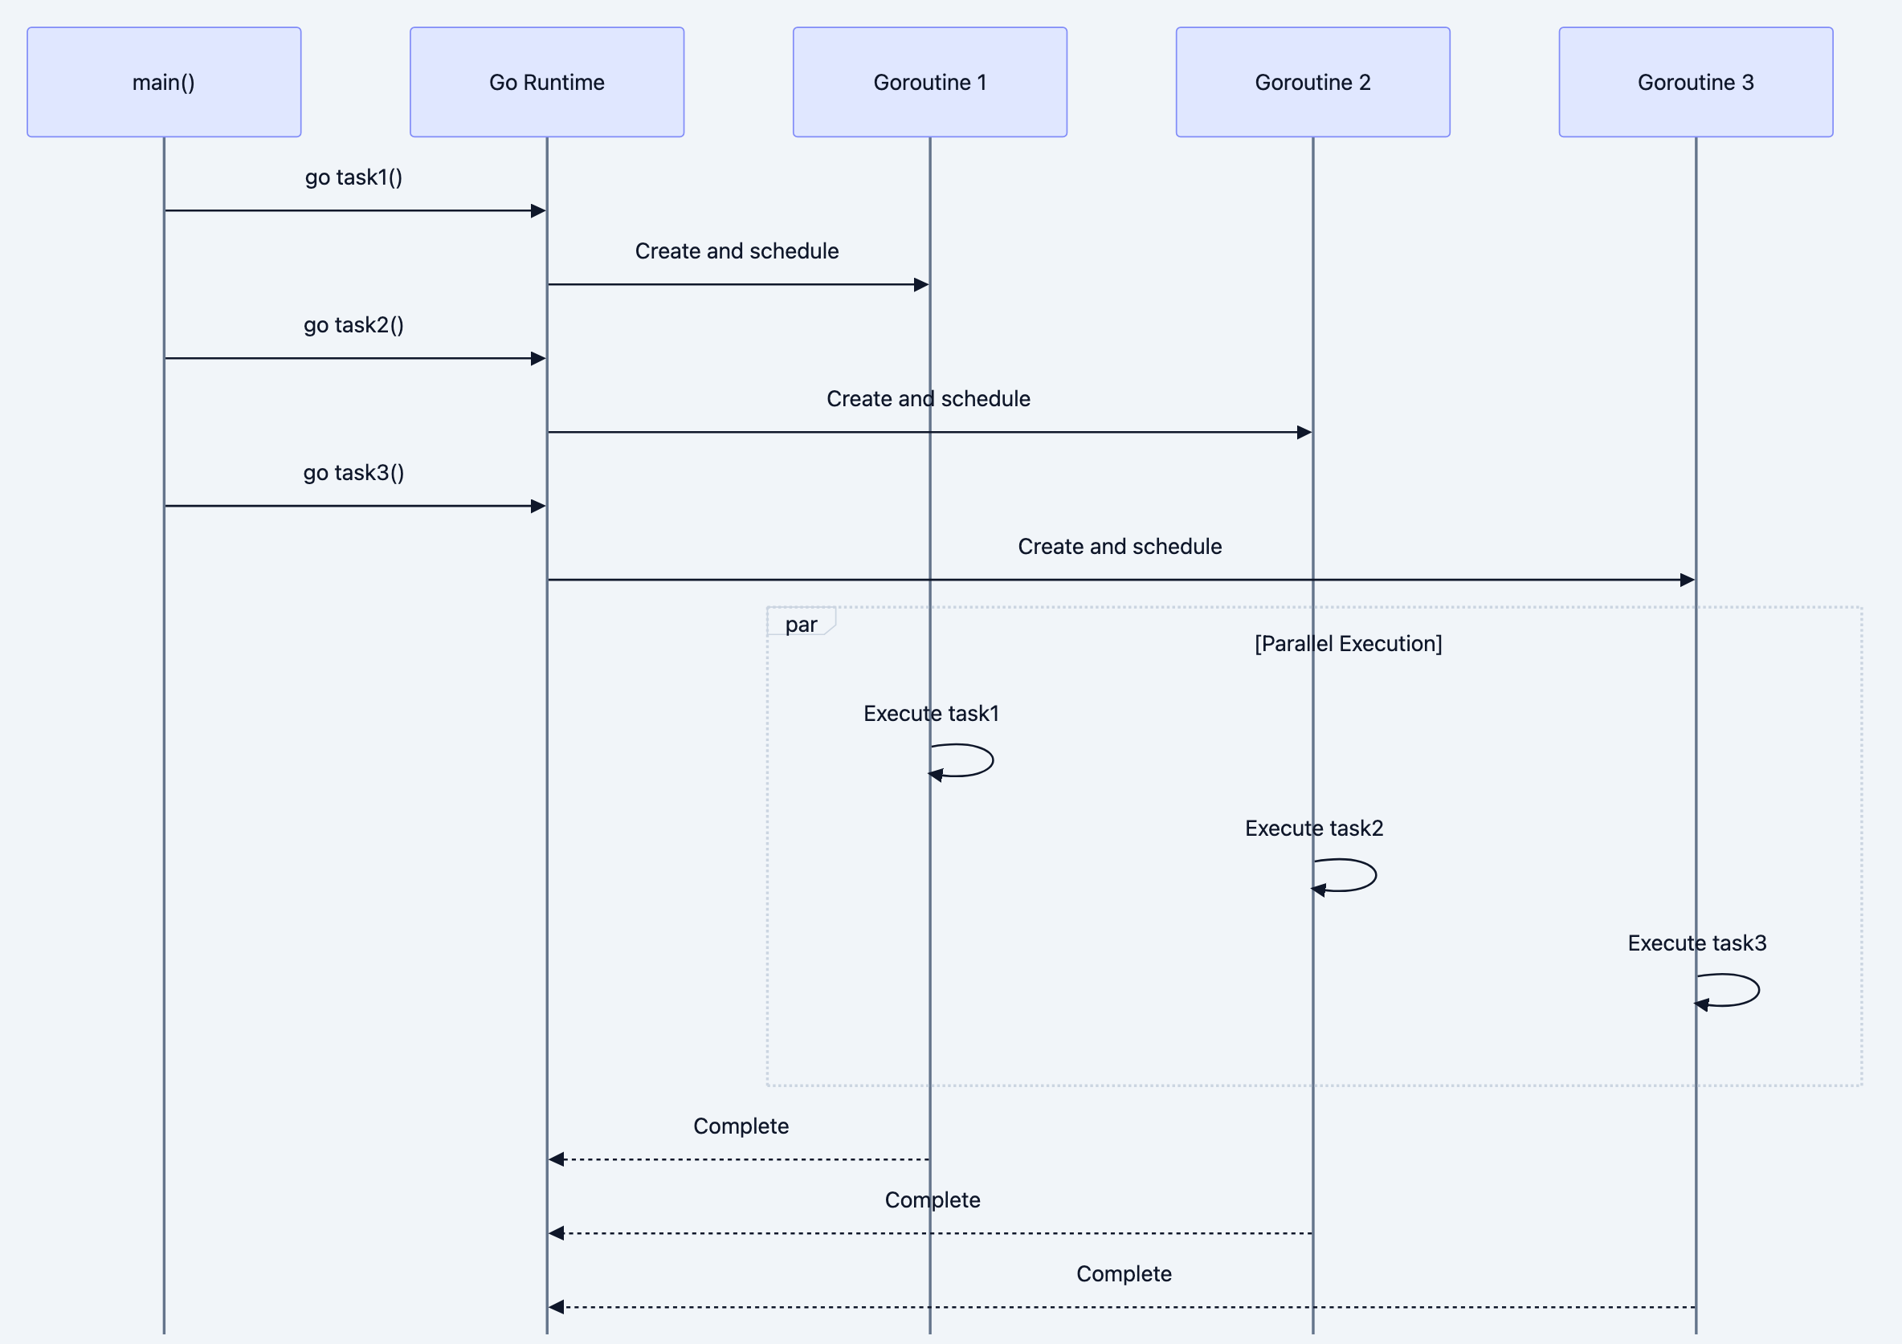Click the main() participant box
click(164, 82)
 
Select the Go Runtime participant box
click(547, 82)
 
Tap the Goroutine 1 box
click(929, 82)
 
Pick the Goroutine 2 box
click(1312, 82)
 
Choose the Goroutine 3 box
click(1695, 82)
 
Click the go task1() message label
click(353, 177)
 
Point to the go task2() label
click(353, 324)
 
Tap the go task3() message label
click(353, 472)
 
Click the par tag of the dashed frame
click(800, 624)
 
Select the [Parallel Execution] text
click(1348, 643)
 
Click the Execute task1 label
click(931, 713)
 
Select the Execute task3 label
click(1696, 943)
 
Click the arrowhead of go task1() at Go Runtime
click(538, 211)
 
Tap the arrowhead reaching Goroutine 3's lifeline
click(1687, 580)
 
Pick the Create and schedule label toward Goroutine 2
click(928, 398)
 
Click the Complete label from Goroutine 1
click(741, 1126)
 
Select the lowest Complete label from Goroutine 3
click(1124, 1273)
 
